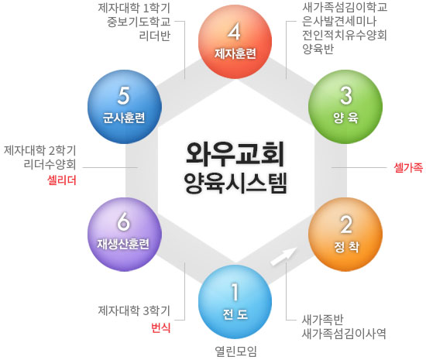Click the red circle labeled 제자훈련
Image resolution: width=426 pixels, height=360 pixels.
tap(235, 42)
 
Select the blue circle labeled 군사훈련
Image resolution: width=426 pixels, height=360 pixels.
tap(125, 107)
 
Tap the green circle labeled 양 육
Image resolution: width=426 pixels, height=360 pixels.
tap(345, 107)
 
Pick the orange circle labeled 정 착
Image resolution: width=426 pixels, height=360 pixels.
tap(345, 235)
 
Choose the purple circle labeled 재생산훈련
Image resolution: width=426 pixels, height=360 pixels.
tap(125, 235)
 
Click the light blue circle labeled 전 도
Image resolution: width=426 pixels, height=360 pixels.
tap(235, 302)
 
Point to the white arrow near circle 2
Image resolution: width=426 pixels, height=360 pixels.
tap(283, 256)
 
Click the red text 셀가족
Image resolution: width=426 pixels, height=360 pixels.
tap(408, 167)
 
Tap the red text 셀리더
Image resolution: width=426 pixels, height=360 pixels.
tap(62, 180)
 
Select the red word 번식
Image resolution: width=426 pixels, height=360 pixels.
tap(161, 327)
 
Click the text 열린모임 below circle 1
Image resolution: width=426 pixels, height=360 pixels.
tap(235, 351)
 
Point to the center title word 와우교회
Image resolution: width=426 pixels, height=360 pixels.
tap(235, 153)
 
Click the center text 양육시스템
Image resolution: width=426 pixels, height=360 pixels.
tap(235, 183)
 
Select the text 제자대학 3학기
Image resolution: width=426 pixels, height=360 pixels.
tap(134, 310)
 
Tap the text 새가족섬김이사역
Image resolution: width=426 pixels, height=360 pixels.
tap(344, 334)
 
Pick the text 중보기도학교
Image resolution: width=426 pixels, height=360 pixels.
tap(139, 22)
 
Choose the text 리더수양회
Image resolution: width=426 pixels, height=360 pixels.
tap(50, 164)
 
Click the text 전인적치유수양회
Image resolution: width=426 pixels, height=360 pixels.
tap(344, 35)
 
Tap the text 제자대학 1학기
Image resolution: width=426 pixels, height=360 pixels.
tap(134, 9)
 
